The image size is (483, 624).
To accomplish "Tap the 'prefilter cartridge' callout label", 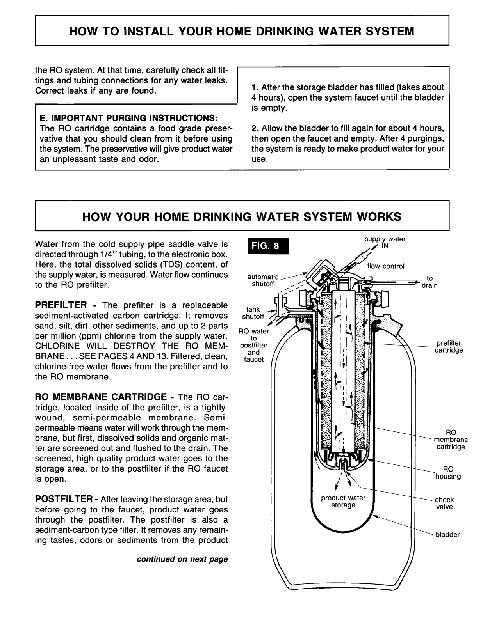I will coord(449,347).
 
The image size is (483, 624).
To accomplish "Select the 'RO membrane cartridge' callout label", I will coord(451,440).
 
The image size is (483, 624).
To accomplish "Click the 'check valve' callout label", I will coord(444,503).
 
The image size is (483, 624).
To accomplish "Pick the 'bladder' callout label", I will coord(447,535).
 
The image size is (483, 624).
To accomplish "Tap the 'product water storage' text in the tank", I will coord(343,502).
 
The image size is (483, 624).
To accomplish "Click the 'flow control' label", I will coord(385,266).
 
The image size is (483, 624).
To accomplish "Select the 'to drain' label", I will coord(430,282).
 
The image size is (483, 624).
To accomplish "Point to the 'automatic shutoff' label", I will coord(263,280).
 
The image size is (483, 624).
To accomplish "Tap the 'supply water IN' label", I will coord(385,243).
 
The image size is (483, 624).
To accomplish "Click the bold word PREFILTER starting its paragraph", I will coord(61,305).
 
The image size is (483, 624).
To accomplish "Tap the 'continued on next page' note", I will coord(182,559).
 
